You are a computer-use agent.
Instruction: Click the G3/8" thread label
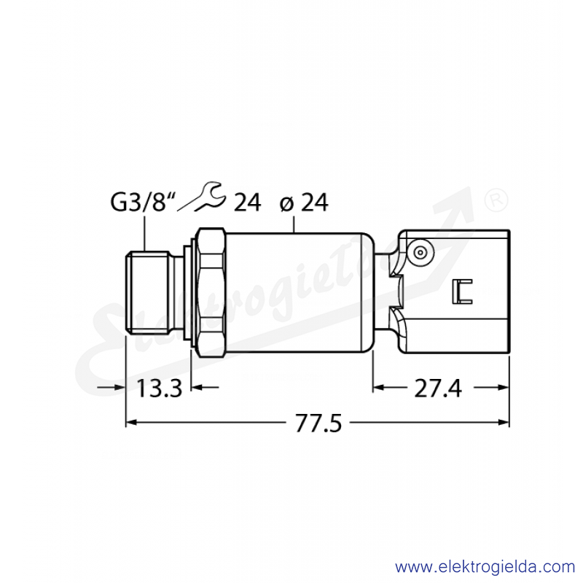click(x=142, y=203)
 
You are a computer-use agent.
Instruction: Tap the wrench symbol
click(x=203, y=196)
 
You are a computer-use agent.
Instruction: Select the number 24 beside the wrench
click(x=247, y=203)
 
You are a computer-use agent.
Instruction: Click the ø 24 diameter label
click(x=304, y=203)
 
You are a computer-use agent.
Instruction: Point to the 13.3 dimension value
click(x=160, y=388)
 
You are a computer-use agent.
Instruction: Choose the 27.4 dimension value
click(x=438, y=388)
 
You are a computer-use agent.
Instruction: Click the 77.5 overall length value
click(x=318, y=423)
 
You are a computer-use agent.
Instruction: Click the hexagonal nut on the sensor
click(x=211, y=292)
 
